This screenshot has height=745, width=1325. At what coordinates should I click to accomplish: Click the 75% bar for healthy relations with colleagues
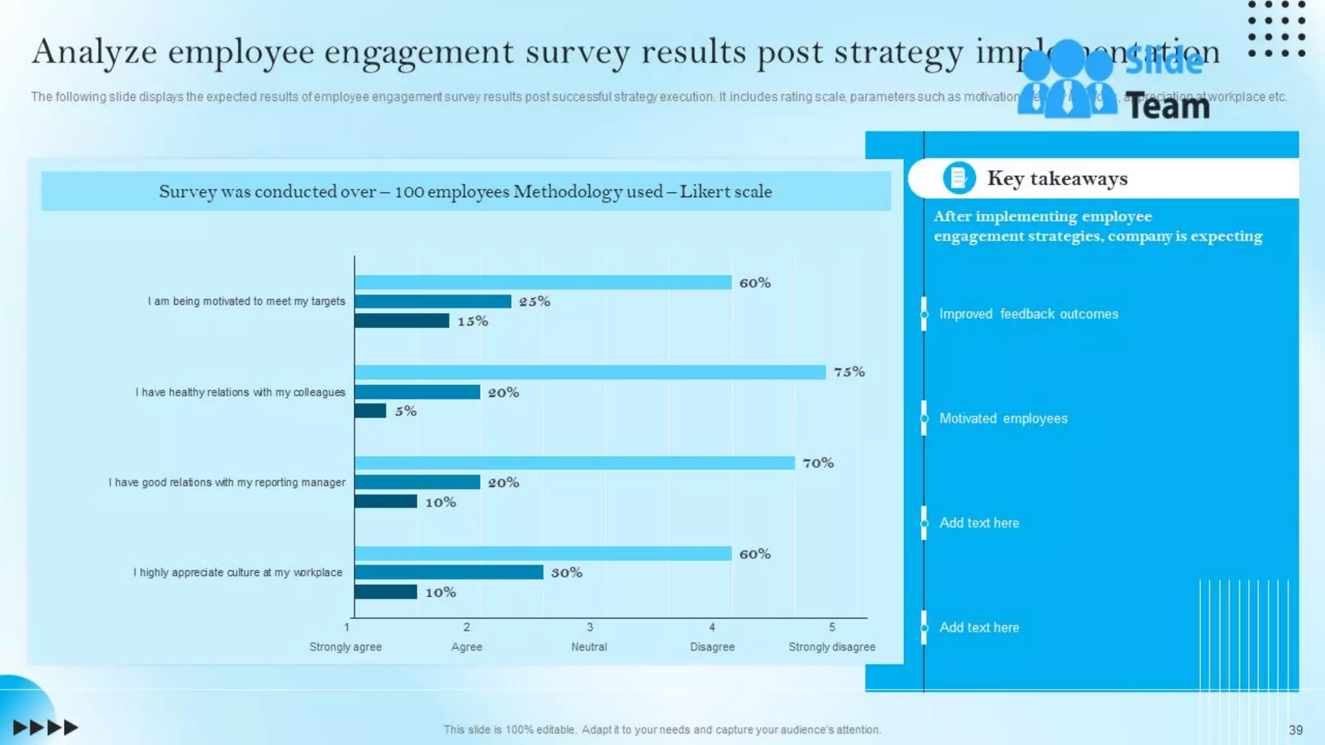(x=590, y=372)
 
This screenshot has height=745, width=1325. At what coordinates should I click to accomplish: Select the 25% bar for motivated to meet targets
(x=432, y=301)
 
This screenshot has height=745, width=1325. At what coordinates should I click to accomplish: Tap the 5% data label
(x=406, y=411)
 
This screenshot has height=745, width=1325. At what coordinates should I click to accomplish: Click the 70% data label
(x=818, y=463)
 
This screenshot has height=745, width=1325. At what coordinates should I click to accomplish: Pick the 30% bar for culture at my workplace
(x=448, y=572)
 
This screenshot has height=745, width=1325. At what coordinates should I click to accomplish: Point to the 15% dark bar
(x=401, y=321)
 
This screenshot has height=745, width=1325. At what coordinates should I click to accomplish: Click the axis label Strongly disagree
(x=831, y=647)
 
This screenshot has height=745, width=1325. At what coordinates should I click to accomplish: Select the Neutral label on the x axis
(x=589, y=647)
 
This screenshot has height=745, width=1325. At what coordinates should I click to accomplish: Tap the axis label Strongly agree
(x=345, y=647)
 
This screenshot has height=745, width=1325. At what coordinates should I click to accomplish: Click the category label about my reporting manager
(x=226, y=482)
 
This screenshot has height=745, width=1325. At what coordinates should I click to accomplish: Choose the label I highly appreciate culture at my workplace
(x=237, y=572)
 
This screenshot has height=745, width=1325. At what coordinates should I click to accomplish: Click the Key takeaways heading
(x=1057, y=178)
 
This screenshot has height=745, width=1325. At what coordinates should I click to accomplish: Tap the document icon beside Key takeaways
(x=959, y=178)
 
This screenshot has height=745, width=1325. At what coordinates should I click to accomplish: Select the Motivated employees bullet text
(x=1003, y=418)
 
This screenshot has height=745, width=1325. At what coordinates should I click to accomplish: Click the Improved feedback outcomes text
(x=1028, y=314)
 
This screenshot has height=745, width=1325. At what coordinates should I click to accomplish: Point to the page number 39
(x=1295, y=730)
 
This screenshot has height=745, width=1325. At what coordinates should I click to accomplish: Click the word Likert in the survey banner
(x=701, y=191)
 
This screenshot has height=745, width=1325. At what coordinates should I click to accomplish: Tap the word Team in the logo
(x=1167, y=107)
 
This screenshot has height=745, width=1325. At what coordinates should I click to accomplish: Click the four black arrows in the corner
(x=45, y=728)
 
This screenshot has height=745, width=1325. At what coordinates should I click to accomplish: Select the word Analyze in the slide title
(x=94, y=52)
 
